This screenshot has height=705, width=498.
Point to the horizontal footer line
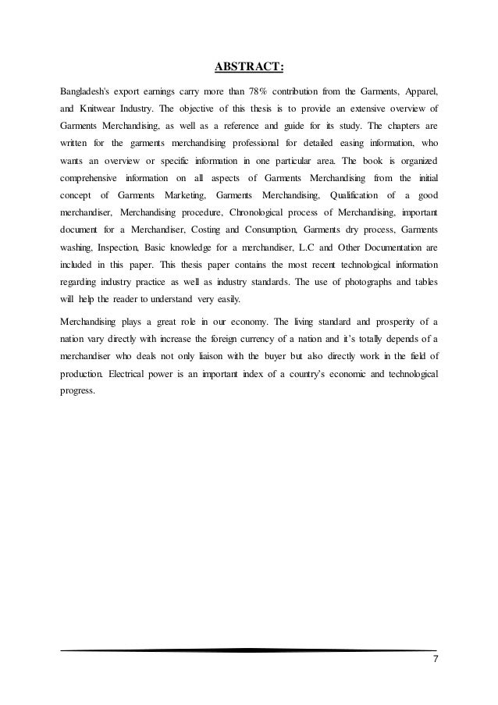(x=249, y=650)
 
